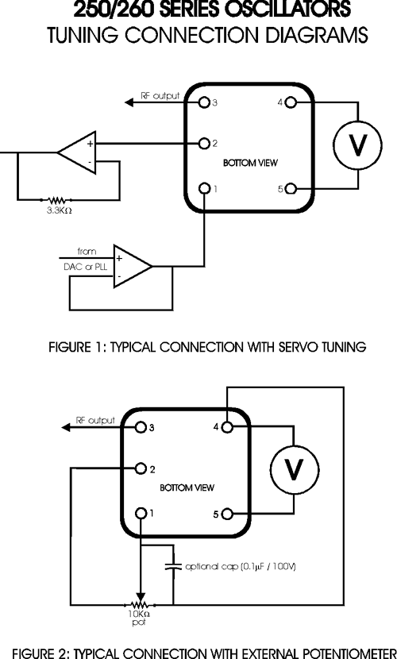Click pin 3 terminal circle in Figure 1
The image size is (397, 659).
[204, 102]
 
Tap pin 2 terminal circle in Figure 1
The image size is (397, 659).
[204, 144]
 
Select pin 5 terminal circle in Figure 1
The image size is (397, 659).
[291, 189]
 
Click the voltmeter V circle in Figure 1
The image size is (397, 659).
[357, 145]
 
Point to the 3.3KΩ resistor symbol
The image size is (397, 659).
[56, 199]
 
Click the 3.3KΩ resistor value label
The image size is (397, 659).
[60, 210]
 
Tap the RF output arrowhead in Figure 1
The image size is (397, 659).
[129, 102]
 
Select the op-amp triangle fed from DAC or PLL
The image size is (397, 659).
[133, 266]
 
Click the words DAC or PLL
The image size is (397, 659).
[86, 267]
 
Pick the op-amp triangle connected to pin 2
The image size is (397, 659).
[77, 152]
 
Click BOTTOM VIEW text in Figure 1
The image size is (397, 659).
[250, 163]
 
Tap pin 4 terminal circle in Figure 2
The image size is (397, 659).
[227, 427]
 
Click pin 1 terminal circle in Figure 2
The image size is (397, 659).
[141, 513]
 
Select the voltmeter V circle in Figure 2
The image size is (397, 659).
[294, 469]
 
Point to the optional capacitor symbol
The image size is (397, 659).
[172, 566]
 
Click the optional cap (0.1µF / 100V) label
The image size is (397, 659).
[241, 567]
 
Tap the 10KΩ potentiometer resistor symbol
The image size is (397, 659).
[140, 605]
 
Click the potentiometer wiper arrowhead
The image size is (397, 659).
[141, 597]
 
